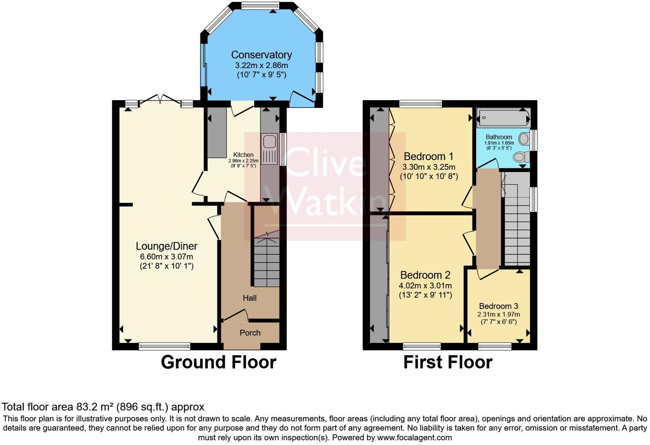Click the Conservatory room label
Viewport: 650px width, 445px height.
[x=261, y=55]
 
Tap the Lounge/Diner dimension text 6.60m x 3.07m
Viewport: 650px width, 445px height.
[x=166, y=257]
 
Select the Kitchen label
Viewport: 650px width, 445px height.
[x=243, y=155]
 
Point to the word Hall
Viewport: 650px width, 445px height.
[x=250, y=298]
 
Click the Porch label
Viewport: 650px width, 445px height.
[x=250, y=333]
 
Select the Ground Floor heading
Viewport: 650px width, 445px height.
[x=218, y=362]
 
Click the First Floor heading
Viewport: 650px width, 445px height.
[x=448, y=362]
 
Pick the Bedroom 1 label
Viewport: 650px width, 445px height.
[x=428, y=157]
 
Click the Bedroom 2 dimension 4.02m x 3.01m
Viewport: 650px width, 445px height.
[x=425, y=286]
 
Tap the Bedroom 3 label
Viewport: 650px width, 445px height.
[x=498, y=306]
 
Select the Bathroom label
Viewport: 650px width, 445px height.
[x=499, y=137]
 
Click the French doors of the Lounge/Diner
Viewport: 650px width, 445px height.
[x=160, y=101]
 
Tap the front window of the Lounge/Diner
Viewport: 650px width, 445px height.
[x=164, y=346]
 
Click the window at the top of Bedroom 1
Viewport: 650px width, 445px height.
[x=420, y=104]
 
